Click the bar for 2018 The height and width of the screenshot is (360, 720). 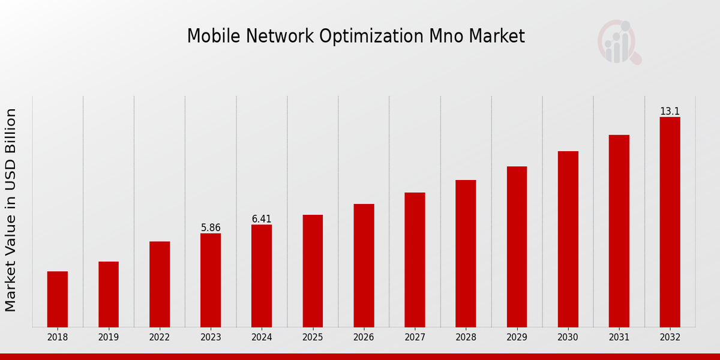click(58, 299)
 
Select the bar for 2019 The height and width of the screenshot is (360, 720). click(109, 294)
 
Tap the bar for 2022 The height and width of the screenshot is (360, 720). click(160, 284)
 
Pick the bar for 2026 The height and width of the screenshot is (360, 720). click(364, 265)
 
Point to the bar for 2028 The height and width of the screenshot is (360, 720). click(466, 253)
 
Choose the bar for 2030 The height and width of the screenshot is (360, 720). click(568, 239)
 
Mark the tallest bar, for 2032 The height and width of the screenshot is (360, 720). click(670, 222)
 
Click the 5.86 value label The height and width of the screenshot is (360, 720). click(211, 228)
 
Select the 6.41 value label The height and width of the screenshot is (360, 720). click(262, 219)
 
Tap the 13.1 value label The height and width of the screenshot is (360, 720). click(670, 112)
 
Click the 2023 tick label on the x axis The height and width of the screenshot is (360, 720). click(211, 338)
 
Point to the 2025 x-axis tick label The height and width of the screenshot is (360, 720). click(313, 338)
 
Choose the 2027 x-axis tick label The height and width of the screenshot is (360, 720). click(415, 338)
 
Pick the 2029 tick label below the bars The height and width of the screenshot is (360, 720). click(517, 338)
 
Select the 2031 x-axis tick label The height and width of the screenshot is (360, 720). click(619, 338)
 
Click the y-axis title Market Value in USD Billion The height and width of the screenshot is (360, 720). click(11, 210)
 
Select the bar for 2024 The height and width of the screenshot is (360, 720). click(262, 275)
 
